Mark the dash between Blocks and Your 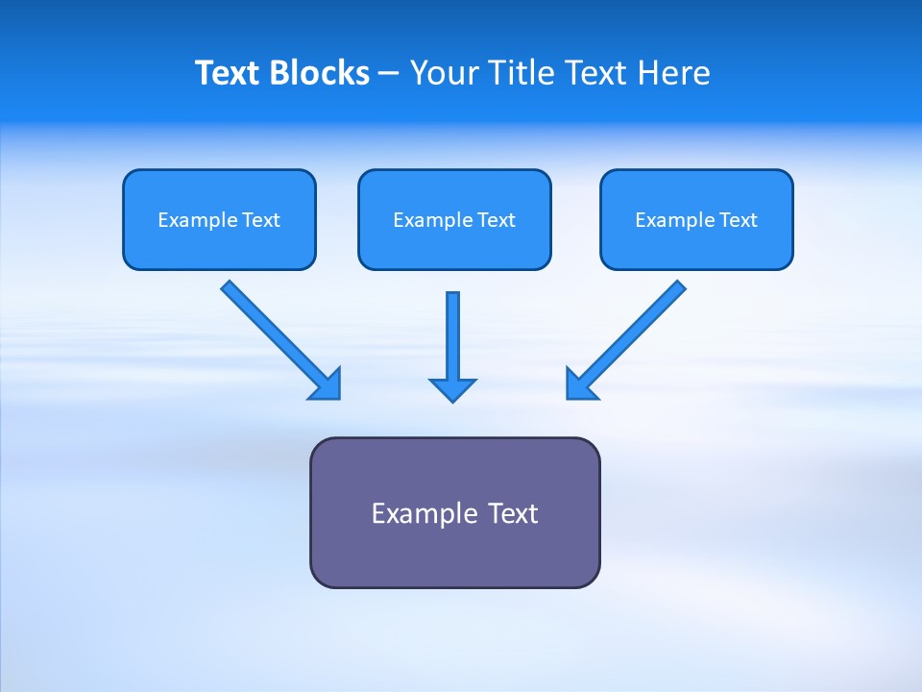389,74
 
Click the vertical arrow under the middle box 452,332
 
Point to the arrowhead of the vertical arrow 452,389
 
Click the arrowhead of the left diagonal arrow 327,385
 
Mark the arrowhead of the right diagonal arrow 579,384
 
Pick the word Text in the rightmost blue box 738,220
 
